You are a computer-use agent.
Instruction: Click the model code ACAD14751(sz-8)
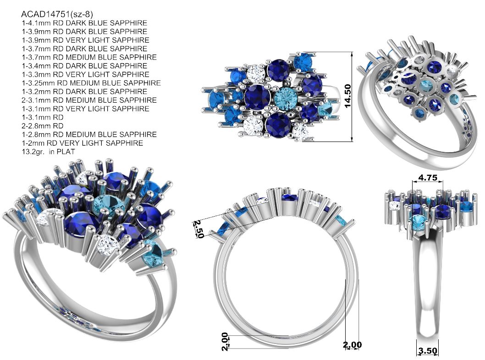click(x=57, y=14)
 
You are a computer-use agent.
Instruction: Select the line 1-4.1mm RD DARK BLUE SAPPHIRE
click(x=84, y=23)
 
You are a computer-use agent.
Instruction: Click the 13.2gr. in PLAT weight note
click(x=48, y=152)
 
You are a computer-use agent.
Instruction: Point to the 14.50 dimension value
click(x=347, y=96)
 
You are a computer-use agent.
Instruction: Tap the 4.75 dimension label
click(x=428, y=177)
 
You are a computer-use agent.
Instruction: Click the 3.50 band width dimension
click(x=428, y=351)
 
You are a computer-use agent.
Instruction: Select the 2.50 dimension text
click(x=198, y=229)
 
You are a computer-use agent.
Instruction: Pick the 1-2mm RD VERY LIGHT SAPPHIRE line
click(x=82, y=143)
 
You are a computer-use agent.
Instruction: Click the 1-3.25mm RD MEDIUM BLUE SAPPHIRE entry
click(x=91, y=83)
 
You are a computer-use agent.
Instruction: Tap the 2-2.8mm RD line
click(x=42, y=126)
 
